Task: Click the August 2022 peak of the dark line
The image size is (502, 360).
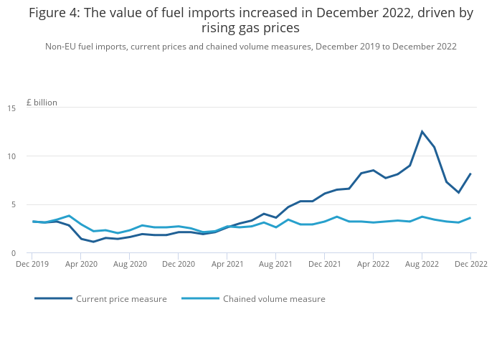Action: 422,131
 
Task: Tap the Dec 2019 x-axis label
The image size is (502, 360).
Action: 32,264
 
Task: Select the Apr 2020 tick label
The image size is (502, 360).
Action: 81,264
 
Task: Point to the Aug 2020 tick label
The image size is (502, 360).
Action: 130,264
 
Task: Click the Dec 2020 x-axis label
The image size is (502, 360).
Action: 179,264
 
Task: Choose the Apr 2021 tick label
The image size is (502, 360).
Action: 227,264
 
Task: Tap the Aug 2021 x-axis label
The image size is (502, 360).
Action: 276,264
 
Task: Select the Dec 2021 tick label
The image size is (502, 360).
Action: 324,264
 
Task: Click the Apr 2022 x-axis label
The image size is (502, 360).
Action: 373,264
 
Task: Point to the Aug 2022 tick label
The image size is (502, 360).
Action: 422,264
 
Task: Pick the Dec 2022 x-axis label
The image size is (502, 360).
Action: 470,264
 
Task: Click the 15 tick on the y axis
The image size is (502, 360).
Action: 11,108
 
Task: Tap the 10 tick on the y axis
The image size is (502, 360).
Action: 11,156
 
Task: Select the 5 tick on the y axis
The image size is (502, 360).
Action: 14,204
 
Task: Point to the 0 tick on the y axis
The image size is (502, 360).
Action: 14,253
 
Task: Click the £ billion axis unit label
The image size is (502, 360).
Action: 42,103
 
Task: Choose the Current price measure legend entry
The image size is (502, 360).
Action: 121,299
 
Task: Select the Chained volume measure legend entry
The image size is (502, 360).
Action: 274,299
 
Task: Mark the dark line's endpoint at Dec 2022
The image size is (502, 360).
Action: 470,174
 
